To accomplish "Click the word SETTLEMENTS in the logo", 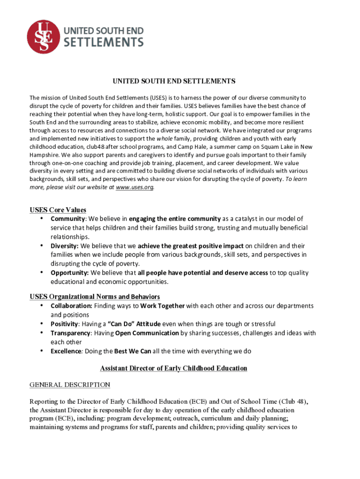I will click(x=103, y=43).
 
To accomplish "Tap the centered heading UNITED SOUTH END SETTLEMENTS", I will click(x=173, y=81).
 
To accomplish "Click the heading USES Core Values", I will click(x=58, y=210).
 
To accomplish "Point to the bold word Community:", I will click(x=68, y=219).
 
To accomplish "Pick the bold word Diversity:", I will click(x=65, y=246).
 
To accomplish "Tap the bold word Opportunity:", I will click(x=70, y=273).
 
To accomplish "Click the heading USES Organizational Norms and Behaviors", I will click(x=95, y=297).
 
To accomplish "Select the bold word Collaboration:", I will click(x=71, y=306).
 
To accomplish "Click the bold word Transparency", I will click(x=71, y=333).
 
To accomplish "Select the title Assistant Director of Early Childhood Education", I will click(x=173, y=369).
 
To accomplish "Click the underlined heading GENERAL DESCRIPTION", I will click(x=70, y=385).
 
